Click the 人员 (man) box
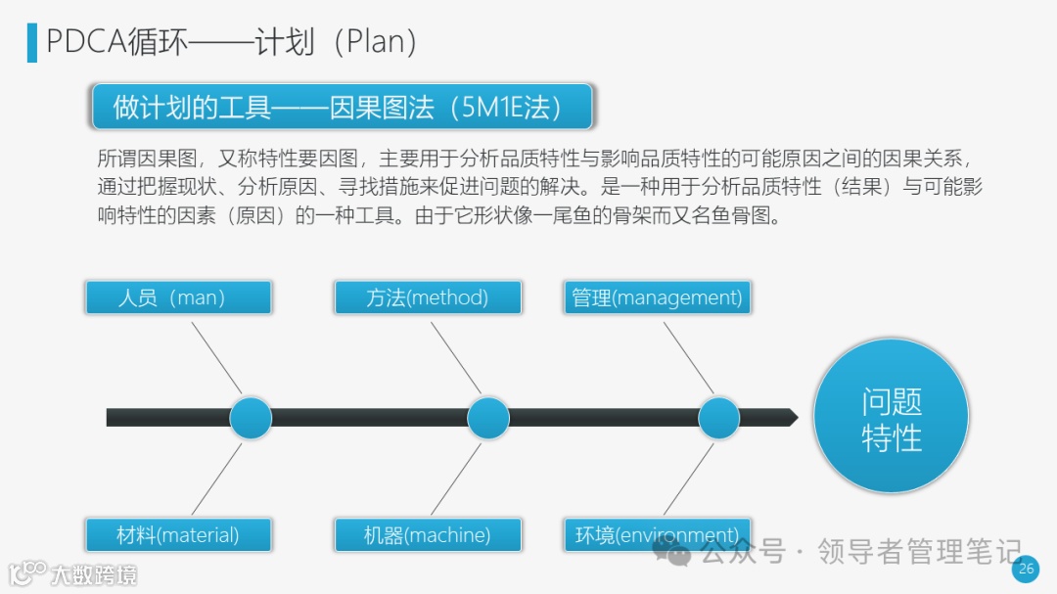coord(178,297)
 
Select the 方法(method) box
coord(428,297)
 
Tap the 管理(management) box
coord(658,297)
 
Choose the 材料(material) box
coord(178,535)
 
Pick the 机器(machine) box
coord(428,535)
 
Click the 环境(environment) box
coord(658,535)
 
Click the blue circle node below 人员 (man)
coord(251,418)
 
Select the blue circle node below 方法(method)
coord(488,418)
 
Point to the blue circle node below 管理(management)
coord(719,418)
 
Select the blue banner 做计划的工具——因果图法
coord(342,107)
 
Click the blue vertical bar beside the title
coord(32,42)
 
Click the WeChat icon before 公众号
coord(677,553)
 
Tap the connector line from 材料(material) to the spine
coord(215,480)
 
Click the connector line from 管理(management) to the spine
coord(689,357)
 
